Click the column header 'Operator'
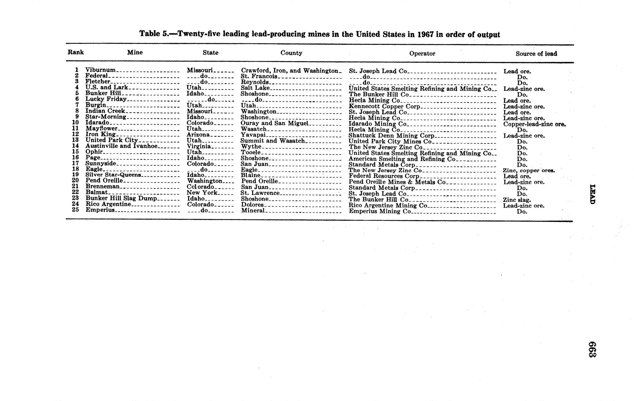point(422,53)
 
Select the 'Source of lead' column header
point(536,54)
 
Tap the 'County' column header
point(291,53)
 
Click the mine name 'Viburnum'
point(100,70)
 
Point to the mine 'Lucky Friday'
point(106,99)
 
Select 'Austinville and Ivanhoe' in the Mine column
point(121,146)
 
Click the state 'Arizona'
point(198,135)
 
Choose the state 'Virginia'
point(199,146)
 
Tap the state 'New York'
point(202,193)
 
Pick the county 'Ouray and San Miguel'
point(274,123)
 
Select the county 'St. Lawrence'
point(260,193)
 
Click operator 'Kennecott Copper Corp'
point(384,106)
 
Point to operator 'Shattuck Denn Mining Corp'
point(391,136)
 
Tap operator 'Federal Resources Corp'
point(384,176)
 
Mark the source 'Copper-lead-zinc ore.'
point(534,124)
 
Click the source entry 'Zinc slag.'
point(517,200)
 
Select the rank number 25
point(76,210)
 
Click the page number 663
point(592,349)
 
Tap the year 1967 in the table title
point(425,35)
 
